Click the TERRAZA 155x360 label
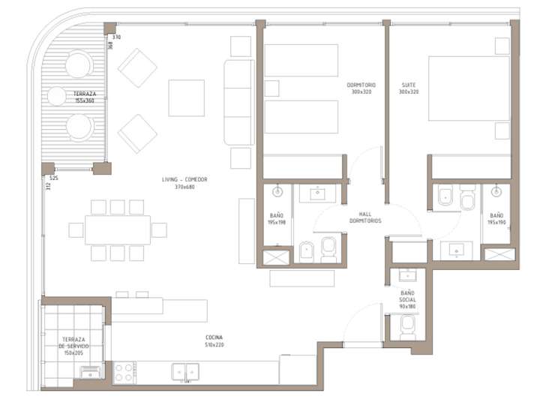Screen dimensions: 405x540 click(x=83, y=97)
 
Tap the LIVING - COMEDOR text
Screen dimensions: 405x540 click(x=184, y=183)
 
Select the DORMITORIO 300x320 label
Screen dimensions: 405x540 click(x=361, y=88)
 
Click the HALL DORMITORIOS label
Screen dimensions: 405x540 click(x=365, y=217)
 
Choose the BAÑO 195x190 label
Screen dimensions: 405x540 click(x=496, y=219)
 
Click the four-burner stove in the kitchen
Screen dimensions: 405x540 click(x=124, y=372)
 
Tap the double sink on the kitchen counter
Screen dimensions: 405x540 click(x=185, y=370)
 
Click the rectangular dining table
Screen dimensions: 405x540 click(x=117, y=229)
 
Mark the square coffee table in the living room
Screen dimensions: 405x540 click(x=186, y=97)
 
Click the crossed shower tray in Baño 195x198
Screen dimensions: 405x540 click(x=275, y=258)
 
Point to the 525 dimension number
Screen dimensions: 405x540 click(x=53, y=178)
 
